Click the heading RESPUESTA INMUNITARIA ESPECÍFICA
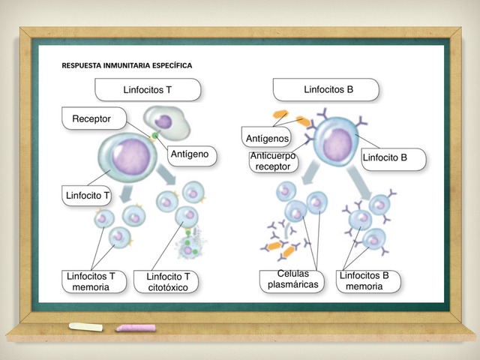(x=127, y=65)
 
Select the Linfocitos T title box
(x=148, y=90)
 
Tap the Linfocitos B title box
(x=326, y=89)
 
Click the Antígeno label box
(x=192, y=156)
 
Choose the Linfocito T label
(x=87, y=195)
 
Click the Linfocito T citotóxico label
(x=166, y=282)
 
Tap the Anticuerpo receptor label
(x=273, y=162)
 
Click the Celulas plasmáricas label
(x=292, y=281)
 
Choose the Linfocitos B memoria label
(x=368, y=281)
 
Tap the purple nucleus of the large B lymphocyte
(x=337, y=145)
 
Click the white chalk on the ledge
(x=85, y=327)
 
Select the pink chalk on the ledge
(x=136, y=328)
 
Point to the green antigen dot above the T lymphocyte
(x=155, y=135)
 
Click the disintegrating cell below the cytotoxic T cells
(x=190, y=246)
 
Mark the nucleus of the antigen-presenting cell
(x=163, y=121)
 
